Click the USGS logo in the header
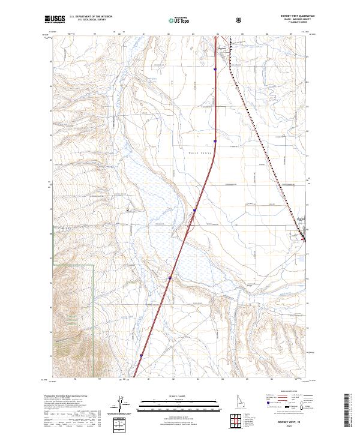point(55,19)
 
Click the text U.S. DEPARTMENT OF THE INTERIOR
point(90,17)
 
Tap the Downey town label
point(302,218)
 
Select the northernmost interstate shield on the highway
point(215,69)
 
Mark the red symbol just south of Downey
point(304,240)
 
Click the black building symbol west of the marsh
point(128,209)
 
